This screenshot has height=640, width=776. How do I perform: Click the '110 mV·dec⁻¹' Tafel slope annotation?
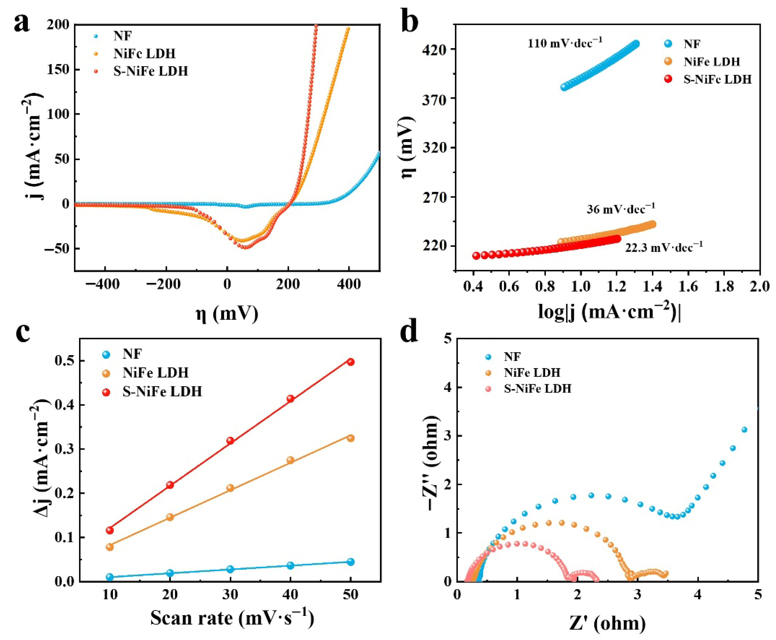point(565,43)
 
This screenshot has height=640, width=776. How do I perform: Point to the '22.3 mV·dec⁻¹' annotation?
point(664,247)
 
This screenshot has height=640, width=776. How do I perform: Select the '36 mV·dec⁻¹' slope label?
point(621,208)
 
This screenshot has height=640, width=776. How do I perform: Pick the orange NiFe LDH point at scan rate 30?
point(230,488)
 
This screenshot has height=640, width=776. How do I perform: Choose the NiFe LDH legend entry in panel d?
point(524,373)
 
